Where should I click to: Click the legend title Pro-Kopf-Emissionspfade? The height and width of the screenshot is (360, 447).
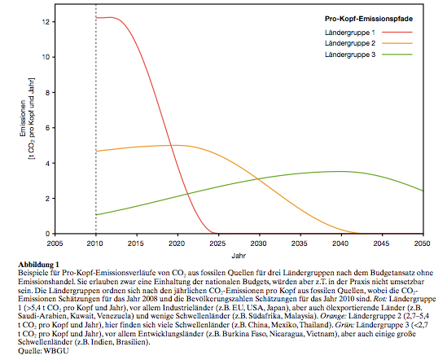(369, 19)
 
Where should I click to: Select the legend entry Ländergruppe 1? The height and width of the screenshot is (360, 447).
(350, 33)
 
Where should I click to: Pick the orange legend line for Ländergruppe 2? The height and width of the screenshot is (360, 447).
(397, 43)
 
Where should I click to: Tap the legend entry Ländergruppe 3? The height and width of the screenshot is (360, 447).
(350, 55)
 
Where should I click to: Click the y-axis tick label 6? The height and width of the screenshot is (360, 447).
(47, 128)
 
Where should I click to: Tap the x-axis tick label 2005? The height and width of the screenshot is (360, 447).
(55, 244)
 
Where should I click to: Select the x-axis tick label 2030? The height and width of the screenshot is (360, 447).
(259, 244)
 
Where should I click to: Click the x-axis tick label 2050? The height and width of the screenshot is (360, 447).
(423, 244)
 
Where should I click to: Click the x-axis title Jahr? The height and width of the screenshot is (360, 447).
(239, 255)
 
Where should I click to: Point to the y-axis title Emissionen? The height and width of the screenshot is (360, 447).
(23, 118)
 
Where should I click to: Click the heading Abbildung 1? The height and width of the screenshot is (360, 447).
(38, 264)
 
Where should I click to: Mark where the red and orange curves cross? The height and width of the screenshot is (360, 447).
(171, 146)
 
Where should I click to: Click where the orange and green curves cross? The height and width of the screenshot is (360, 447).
(258, 179)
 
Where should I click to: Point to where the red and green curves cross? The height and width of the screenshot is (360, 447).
(187, 195)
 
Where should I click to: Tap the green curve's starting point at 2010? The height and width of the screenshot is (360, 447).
(96, 214)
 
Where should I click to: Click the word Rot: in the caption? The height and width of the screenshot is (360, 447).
(379, 299)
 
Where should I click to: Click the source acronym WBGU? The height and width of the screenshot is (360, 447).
(56, 350)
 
